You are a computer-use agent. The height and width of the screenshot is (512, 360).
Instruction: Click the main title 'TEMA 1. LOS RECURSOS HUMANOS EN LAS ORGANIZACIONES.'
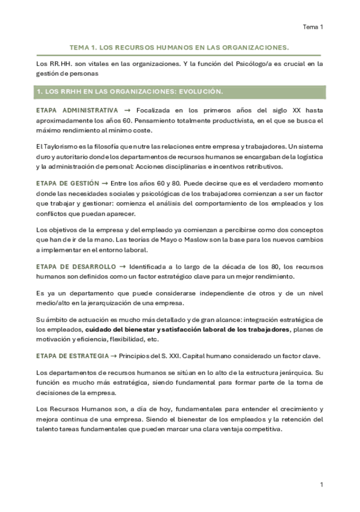pyautogui.click(x=180, y=46)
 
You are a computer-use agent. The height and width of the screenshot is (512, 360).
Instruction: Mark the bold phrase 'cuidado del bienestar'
pyautogui.click(x=120, y=330)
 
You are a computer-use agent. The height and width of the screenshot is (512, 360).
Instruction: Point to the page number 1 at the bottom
pyautogui.click(x=322, y=485)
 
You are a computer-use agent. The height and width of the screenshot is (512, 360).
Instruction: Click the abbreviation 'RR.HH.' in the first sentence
pyautogui.click(x=56, y=63)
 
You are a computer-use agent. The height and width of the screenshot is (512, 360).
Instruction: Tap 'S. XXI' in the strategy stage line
pyautogui.click(x=164, y=356)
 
